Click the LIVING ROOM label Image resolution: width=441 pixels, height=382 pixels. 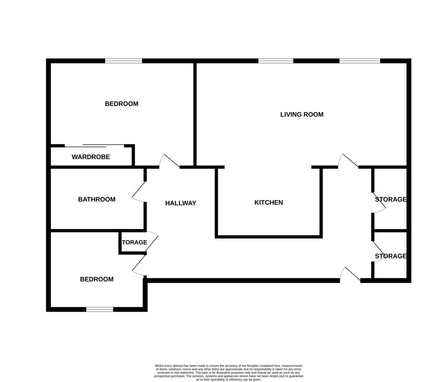click(302, 114)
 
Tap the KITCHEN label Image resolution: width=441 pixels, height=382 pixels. click(269, 203)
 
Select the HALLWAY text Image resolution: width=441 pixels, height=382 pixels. click(180, 203)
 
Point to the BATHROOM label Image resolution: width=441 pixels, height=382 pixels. click(97, 199)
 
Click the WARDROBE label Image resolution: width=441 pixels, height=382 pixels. click(91, 157)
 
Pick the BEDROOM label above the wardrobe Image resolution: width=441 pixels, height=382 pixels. click(122, 104)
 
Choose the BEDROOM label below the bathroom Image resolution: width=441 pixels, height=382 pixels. click(97, 279)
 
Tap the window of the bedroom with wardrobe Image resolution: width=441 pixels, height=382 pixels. click(123, 61)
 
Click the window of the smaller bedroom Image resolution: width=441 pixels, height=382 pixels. click(100, 310)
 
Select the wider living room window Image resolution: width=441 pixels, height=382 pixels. click(359, 61)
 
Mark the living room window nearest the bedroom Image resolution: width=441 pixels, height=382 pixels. click(276, 61)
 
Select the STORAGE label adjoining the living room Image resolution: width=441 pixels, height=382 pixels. click(390, 199)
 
